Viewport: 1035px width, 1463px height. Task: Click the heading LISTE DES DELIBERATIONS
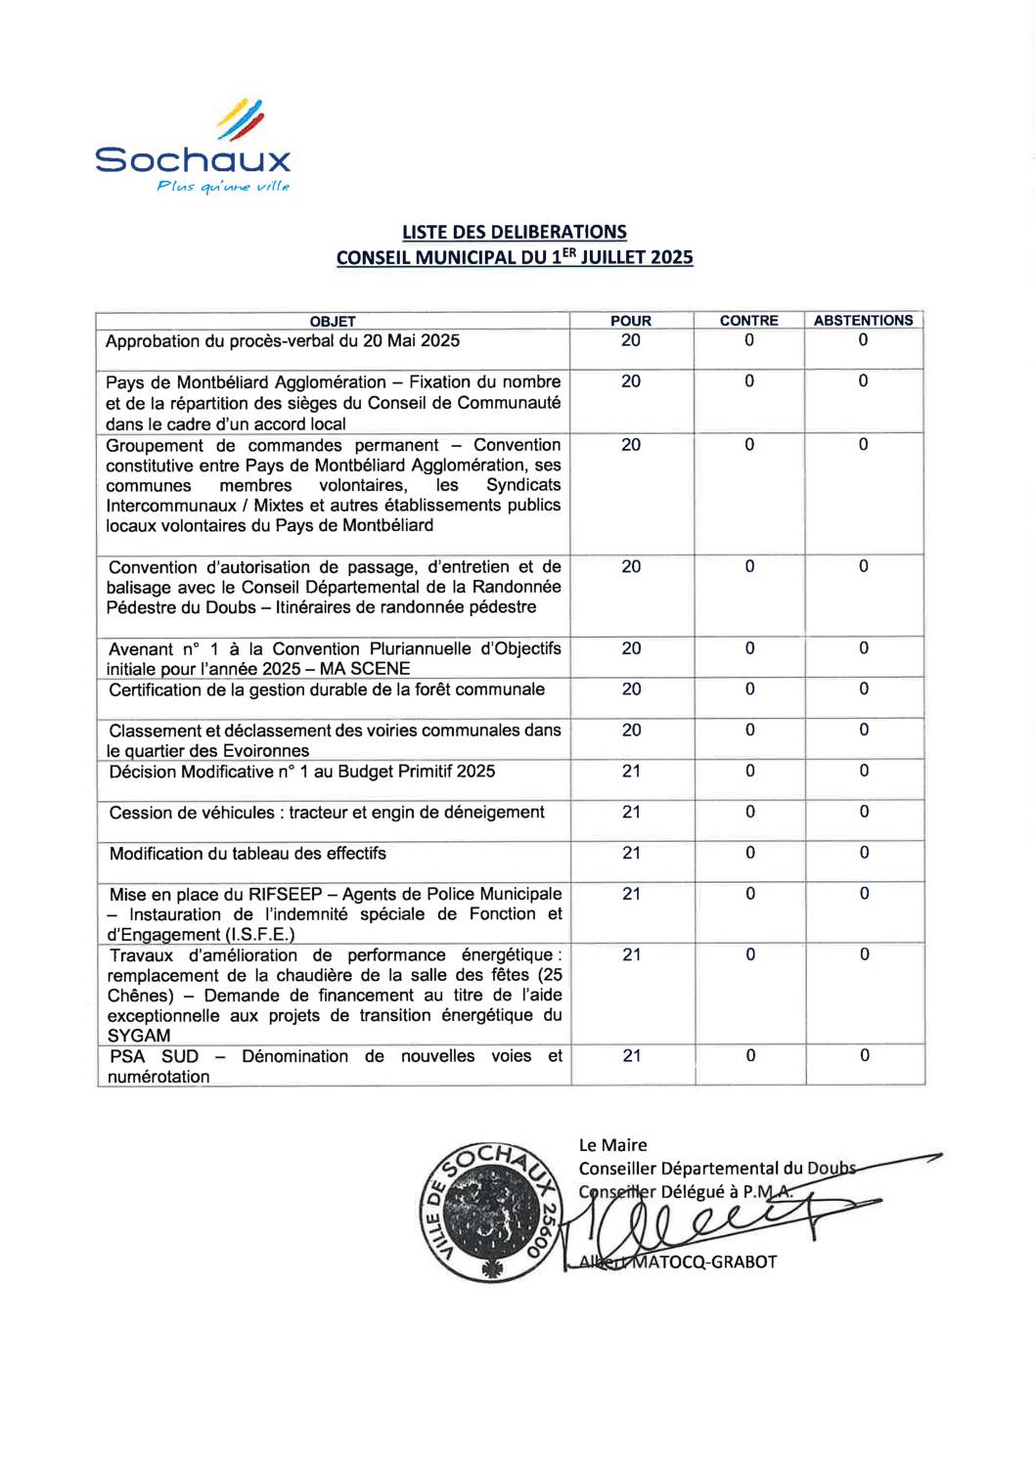pyautogui.click(x=515, y=233)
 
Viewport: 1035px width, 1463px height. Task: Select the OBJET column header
pyautogui.click(x=333, y=321)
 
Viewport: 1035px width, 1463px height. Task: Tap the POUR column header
pyautogui.click(x=631, y=321)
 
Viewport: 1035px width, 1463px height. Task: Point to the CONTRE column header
pyautogui.click(x=749, y=321)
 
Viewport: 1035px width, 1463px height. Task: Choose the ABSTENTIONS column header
pyautogui.click(x=863, y=321)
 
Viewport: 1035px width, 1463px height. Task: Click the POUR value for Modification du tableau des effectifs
pyautogui.click(x=632, y=854)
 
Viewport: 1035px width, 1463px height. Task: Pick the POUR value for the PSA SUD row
pyautogui.click(x=632, y=1056)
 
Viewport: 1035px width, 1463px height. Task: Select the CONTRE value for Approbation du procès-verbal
pyautogui.click(x=749, y=341)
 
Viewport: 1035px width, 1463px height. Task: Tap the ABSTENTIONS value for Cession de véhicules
pyautogui.click(x=864, y=813)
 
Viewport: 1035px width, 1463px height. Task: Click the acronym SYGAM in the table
pyautogui.click(x=139, y=1036)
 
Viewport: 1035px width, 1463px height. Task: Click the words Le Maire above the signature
pyautogui.click(x=612, y=1145)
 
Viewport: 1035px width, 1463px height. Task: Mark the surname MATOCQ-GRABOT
pyautogui.click(x=704, y=1262)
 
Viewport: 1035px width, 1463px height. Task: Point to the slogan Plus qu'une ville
pyautogui.click(x=223, y=187)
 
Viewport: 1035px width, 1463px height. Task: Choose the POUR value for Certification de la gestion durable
pyautogui.click(x=632, y=690)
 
